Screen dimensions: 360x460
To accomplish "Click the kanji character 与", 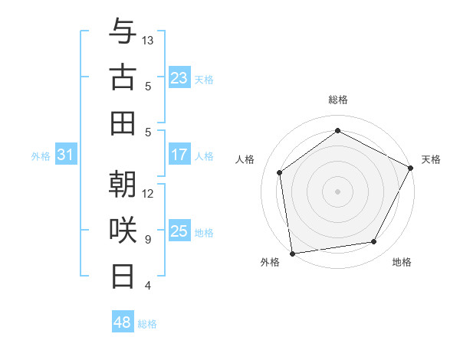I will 123,33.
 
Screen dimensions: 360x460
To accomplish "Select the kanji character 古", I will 123,77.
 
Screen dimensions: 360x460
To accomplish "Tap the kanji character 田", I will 123,123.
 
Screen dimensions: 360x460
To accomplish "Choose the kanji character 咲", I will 123,229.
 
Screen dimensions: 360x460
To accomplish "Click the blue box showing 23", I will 179,78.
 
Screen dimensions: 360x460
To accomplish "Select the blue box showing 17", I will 179,155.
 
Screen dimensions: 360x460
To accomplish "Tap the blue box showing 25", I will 179,231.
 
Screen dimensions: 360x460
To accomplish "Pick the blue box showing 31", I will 65,155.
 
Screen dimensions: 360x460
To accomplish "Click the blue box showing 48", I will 123,322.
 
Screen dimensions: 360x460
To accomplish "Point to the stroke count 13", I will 148,40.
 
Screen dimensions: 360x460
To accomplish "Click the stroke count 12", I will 148,193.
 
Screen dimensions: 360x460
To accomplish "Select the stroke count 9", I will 148,240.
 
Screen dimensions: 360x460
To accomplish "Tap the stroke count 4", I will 148,286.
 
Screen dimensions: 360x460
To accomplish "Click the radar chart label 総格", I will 337,100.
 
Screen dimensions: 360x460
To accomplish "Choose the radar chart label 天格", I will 431,159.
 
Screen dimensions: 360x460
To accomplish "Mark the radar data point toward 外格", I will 292,253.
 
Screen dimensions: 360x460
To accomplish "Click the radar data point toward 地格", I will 374,242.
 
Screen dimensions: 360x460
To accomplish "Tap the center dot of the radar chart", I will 337,191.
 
